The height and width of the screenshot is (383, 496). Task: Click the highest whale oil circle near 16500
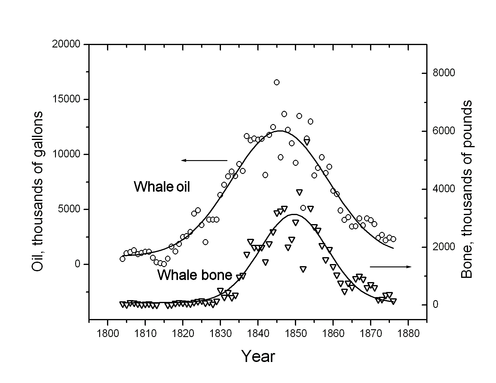(x=277, y=82)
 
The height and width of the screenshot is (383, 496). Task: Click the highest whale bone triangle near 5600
(x=307, y=142)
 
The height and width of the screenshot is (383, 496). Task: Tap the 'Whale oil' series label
(x=162, y=187)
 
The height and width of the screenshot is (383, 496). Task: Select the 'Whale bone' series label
(x=195, y=275)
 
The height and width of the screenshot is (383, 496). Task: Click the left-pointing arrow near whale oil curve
(x=204, y=160)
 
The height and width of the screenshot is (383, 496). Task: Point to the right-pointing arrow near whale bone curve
(x=390, y=266)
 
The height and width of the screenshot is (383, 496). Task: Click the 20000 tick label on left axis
(x=67, y=44)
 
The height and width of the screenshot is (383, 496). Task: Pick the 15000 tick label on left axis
(x=67, y=99)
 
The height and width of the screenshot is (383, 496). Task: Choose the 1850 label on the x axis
(x=295, y=333)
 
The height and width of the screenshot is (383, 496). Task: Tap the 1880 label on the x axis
(x=408, y=333)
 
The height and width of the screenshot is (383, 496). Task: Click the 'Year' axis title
(x=258, y=357)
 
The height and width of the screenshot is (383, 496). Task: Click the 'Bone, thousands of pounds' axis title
(x=466, y=189)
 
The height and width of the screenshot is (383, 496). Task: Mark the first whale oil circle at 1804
(x=122, y=259)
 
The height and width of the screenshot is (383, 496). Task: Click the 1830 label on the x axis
(x=220, y=333)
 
